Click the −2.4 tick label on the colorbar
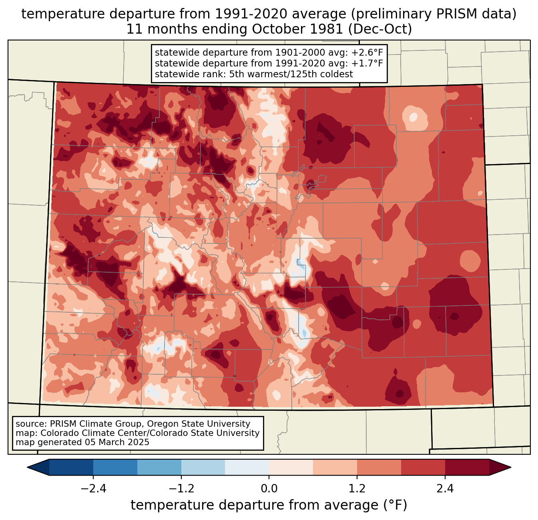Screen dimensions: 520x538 point(93,489)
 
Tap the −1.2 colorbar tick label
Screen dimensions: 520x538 point(181,489)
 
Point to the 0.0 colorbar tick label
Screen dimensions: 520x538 point(269,489)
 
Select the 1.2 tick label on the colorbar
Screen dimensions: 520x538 point(357,489)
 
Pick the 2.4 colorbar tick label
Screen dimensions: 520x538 point(445,489)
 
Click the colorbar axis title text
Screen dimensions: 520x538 point(269,505)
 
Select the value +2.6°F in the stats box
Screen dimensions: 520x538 point(367,53)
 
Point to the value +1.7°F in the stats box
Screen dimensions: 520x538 point(367,63)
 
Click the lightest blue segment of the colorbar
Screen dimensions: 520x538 point(247,467)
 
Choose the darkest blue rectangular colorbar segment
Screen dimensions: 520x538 point(71,467)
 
